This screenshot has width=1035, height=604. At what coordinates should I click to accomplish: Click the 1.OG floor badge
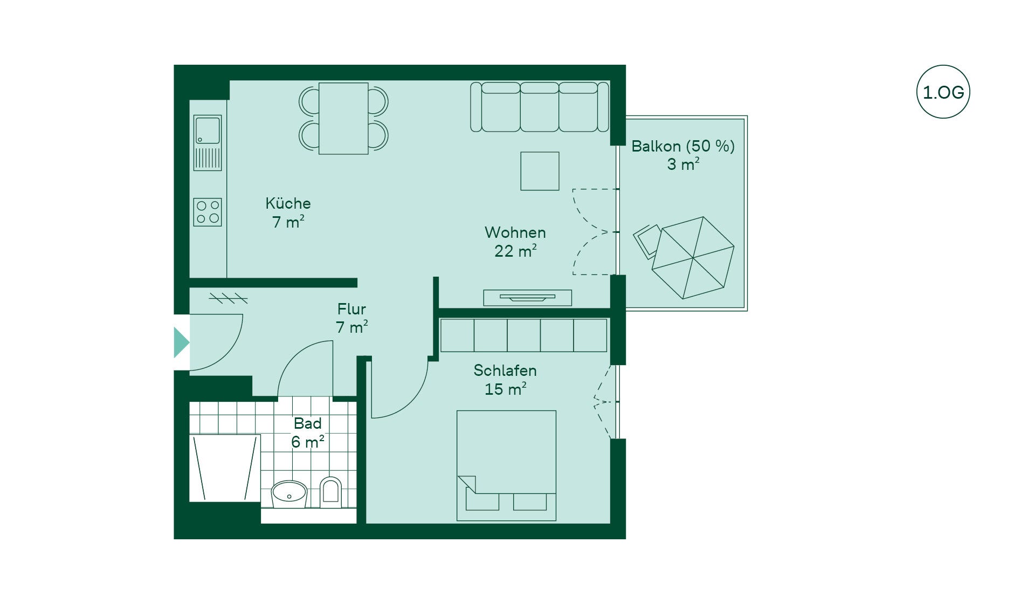click(943, 92)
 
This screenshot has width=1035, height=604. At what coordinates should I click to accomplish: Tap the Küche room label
click(288, 203)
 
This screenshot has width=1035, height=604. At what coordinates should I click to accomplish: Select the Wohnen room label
click(515, 232)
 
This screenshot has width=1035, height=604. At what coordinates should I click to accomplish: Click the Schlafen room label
click(505, 370)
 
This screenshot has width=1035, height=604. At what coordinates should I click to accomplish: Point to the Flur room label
click(351, 309)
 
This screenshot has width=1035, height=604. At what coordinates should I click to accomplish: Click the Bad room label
click(307, 423)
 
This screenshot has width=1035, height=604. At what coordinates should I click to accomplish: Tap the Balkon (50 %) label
click(683, 146)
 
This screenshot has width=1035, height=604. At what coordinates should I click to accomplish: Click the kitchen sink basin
click(208, 131)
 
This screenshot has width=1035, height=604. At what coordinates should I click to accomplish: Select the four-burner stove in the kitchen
click(208, 212)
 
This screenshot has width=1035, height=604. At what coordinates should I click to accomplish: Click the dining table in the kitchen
click(343, 118)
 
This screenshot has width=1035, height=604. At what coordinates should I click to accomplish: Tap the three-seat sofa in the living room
click(540, 107)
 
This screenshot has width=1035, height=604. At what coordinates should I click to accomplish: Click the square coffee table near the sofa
click(540, 171)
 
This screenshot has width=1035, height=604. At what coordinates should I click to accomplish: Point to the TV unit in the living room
click(527, 298)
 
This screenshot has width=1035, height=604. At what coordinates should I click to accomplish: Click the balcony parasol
click(693, 258)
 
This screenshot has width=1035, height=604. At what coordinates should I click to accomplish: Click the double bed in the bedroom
click(506, 465)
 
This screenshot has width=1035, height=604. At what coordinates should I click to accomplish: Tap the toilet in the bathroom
click(330, 492)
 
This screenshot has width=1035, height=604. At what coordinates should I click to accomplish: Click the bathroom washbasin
click(289, 493)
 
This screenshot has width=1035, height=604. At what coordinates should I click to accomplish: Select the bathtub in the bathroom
click(225, 468)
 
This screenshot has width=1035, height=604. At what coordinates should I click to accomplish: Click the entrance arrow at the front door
click(181, 342)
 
